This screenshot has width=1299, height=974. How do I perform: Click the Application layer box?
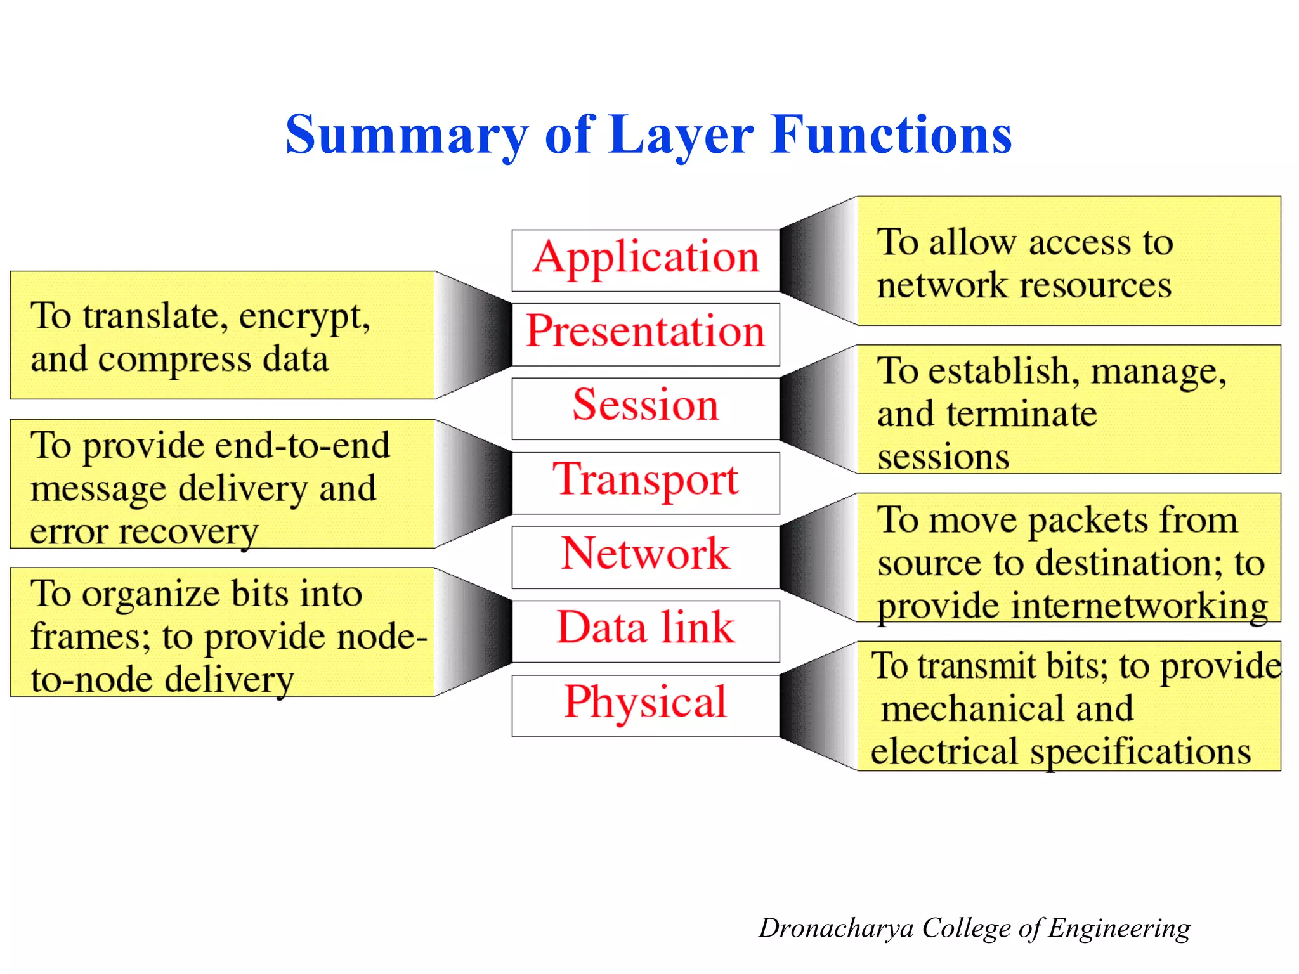point(646,260)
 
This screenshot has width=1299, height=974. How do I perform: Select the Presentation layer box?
point(646,334)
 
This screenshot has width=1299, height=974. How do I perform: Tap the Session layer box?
point(646,408)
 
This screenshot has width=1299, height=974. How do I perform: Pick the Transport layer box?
point(646,483)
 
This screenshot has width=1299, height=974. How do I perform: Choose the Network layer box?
point(646,557)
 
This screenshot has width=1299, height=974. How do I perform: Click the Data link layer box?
point(646,631)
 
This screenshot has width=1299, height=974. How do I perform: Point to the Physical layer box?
point(646,705)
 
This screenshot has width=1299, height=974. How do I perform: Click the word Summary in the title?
point(406,135)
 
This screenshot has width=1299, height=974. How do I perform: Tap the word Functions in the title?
point(891,135)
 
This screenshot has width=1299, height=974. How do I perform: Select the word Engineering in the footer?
point(1119,928)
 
